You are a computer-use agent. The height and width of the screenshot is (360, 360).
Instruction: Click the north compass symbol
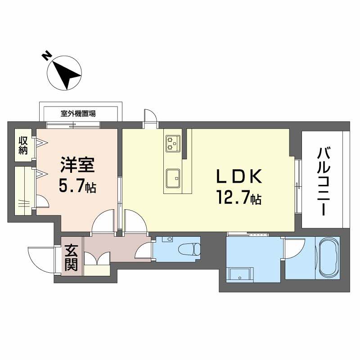[x=66, y=74]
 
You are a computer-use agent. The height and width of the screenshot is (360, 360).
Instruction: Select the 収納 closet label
[x=22, y=144]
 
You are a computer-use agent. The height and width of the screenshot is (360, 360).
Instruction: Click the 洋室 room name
[x=77, y=166]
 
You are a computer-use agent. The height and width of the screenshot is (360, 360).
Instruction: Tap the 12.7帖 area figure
[x=239, y=197]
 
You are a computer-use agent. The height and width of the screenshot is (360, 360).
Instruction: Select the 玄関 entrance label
[x=71, y=257]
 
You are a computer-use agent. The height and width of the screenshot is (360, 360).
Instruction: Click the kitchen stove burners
[x=173, y=143]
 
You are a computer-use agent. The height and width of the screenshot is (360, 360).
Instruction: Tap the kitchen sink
[x=173, y=179]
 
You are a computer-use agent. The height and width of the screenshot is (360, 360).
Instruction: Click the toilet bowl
[x=189, y=248]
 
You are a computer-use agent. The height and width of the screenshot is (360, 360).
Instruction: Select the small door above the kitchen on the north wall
[x=149, y=118]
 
